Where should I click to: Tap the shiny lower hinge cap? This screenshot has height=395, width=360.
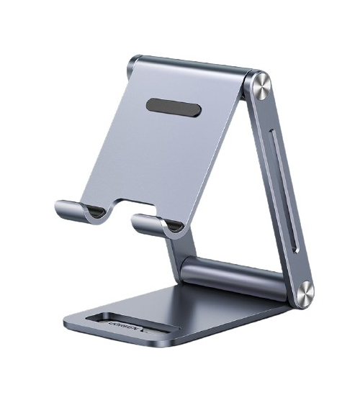(x=304, y=292)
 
